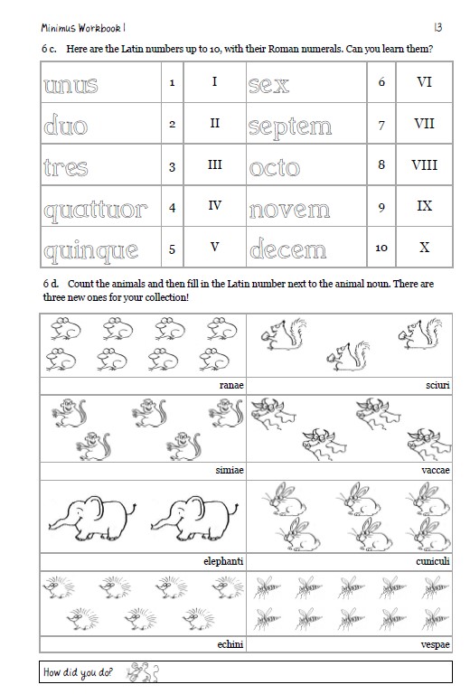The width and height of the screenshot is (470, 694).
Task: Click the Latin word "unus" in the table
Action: click(70, 85)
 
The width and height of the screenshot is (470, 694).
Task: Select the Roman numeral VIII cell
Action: click(424, 165)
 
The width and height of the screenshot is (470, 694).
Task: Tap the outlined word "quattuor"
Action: click(94, 209)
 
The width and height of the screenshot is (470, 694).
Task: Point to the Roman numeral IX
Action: click(424, 206)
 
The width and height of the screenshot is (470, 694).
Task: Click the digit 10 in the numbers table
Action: click(381, 248)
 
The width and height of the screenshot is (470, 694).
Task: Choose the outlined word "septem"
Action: click(289, 127)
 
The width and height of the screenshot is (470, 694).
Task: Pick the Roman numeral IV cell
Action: click(214, 206)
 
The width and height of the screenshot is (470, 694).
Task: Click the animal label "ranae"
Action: click(231, 385)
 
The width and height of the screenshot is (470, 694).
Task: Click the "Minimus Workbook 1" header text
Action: click(78, 28)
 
